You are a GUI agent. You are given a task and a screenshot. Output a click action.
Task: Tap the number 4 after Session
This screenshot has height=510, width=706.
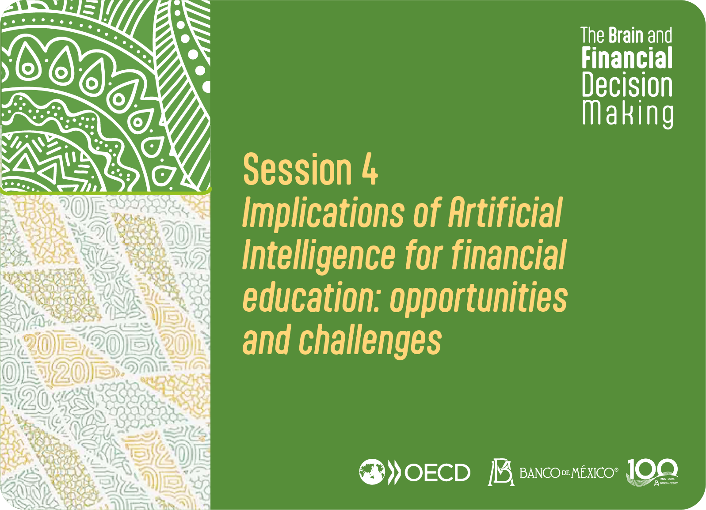coord(370,170)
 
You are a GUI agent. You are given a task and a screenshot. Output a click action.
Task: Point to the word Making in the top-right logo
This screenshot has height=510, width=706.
coord(628,113)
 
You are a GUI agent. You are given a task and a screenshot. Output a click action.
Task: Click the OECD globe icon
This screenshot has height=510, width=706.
coord(372,472)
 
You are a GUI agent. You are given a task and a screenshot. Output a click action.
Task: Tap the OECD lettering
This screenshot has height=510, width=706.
coord(438,472)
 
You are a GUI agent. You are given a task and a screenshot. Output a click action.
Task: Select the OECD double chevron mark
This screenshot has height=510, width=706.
coord(393,472)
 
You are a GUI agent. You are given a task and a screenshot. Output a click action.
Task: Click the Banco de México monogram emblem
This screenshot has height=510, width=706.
coord(501,472)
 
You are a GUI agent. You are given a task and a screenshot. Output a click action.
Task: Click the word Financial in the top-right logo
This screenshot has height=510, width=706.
coord(627,57)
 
